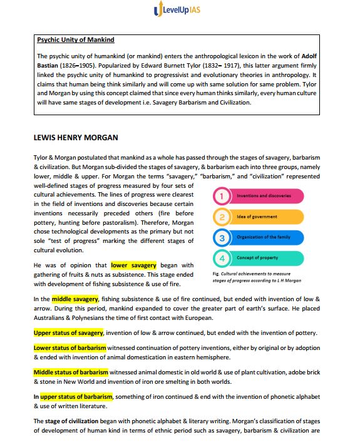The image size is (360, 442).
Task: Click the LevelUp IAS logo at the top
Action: coord(180,10)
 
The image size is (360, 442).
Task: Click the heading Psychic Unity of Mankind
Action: coord(76,40)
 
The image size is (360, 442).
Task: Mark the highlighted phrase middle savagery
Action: coord(75,299)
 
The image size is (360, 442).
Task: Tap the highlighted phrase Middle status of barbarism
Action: coord(71,373)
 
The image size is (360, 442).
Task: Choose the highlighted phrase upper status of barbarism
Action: coord(76,396)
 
